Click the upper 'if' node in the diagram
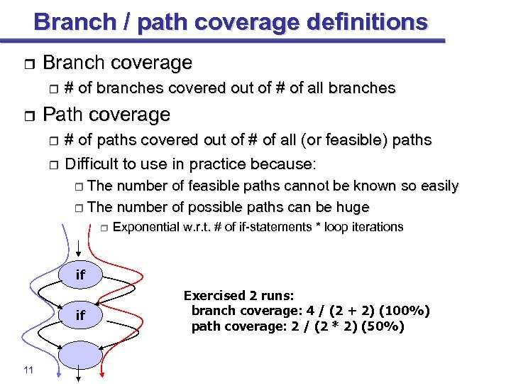point(80,275)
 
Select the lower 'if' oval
point(80,315)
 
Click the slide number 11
point(28,370)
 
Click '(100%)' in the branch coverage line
point(404,311)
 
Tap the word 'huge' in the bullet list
point(353,208)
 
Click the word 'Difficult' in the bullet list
point(95,164)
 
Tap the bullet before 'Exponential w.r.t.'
point(103,228)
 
